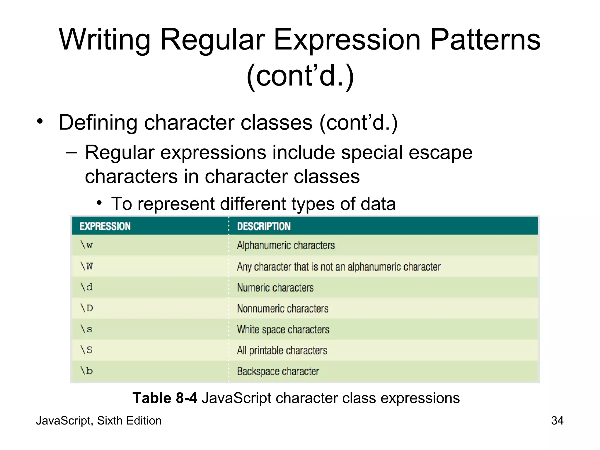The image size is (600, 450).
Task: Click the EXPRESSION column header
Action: click(x=105, y=226)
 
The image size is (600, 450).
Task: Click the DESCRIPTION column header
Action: click(x=264, y=226)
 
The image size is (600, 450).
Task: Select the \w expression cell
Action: click(x=87, y=245)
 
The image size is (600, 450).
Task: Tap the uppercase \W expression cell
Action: click(x=87, y=266)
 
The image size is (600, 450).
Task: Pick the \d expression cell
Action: click(x=87, y=287)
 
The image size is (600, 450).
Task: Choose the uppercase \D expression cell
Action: click(x=87, y=308)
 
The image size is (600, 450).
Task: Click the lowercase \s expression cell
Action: click(x=87, y=329)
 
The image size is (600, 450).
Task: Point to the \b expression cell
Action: click(x=87, y=371)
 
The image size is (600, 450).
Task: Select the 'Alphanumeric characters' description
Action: click(x=286, y=245)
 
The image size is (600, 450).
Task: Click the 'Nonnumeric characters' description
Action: click(x=282, y=308)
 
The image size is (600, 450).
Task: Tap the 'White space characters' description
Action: click(x=283, y=330)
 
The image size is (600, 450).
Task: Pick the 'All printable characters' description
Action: click(x=282, y=350)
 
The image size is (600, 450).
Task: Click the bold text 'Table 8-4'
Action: click(x=165, y=398)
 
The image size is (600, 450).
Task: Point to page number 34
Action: click(x=557, y=421)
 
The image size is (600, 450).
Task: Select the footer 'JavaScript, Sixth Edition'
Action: click(x=99, y=421)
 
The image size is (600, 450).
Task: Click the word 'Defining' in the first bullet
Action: click(x=98, y=122)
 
